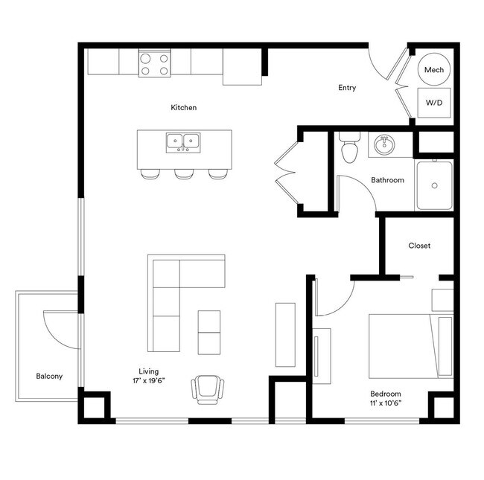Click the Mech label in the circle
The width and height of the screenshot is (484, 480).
pos(433,70)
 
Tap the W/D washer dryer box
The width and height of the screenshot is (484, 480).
pos(433,102)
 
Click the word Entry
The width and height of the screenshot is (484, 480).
pos(347,88)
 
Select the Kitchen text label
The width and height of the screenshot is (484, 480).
pos(184,108)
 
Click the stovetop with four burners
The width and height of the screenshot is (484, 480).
pos(154,63)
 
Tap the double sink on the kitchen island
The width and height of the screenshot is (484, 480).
pos(183,141)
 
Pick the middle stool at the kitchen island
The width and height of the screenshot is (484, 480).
pos(184,173)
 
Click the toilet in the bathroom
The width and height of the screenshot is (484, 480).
pos(348,150)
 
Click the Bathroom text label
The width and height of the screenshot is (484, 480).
pos(387,180)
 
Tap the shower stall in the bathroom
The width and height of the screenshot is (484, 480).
pos(433,185)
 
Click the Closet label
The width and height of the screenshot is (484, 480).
pos(419,246)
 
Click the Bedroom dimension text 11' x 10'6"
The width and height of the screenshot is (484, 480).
pos(386,404)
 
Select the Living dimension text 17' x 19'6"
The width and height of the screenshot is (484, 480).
pos(148,380)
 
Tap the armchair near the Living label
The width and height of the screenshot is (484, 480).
pos(208,389)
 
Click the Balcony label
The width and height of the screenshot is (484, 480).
pos(49,376)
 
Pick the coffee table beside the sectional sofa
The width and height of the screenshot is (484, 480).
pos(209,332)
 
